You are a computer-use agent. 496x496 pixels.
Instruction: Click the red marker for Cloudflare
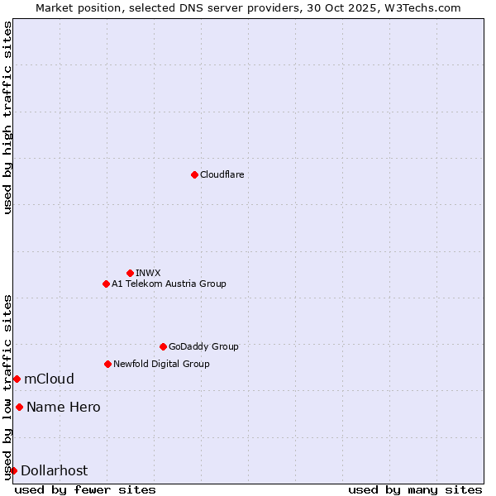click(x=194, y=174)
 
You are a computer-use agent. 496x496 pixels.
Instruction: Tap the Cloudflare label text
click(x=222, y=174)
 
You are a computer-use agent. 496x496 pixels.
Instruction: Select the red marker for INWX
click(x=130, y=273)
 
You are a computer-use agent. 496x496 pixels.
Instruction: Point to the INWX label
click(x=148, y=273)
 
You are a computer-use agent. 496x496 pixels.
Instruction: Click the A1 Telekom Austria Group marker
click(x=106, y=284)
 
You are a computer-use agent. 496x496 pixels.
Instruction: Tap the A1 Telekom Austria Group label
click(x=169, y=284)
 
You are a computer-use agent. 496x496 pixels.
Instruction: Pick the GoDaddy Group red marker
click(x=163, y=346)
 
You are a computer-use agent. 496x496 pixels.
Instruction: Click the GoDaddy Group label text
click(x=203, y=346)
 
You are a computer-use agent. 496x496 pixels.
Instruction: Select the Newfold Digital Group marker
click(x=107, y=364)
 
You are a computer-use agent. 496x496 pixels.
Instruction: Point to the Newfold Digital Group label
click(x=161, y=364)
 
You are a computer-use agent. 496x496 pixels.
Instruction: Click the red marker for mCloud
click(x=17, y=379)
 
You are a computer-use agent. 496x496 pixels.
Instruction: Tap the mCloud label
click(x=49, y=379)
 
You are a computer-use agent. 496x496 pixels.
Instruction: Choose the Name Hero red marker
click(x=19, y=407)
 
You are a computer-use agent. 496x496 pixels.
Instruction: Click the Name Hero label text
click(x=63, y=407)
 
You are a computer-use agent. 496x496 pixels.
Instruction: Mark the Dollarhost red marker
click(x=13, y=470)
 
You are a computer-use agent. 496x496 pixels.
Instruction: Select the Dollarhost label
click(x=54, y=471)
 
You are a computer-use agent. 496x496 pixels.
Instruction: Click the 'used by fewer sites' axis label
click(x=85, y=489)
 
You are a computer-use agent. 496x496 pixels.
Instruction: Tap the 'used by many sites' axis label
click(x=415, y=489)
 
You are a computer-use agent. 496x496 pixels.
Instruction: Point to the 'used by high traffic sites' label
click(x=7, y=117)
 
